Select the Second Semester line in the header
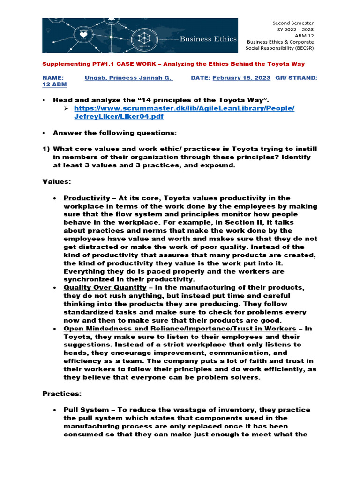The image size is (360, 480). pos(293,23)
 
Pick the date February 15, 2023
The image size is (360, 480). pos(241,78)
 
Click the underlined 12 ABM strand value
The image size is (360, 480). pos(54,84)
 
